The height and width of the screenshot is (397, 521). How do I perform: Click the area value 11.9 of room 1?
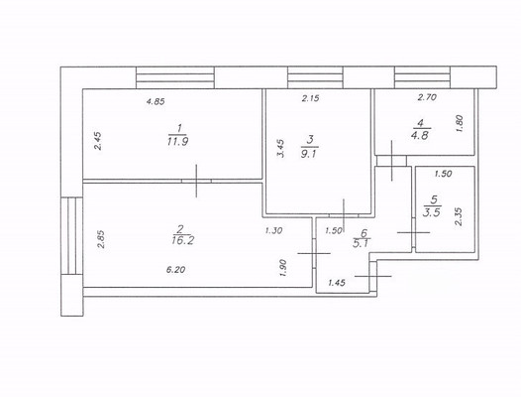pos(177,142)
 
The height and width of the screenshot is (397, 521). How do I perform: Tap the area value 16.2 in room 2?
pos(183,240)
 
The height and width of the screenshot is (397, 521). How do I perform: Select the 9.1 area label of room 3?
pos(309,154)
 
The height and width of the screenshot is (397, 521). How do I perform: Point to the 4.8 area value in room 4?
pos(421,135)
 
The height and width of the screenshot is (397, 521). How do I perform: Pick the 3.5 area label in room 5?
pos(432,212)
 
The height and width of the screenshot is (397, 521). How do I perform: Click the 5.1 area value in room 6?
pos(361,243)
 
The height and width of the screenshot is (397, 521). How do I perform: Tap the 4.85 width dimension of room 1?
pos(156,101)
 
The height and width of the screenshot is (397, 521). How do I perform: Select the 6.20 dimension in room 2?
pos(175,269)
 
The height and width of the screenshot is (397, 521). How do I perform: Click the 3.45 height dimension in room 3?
pos(280,148)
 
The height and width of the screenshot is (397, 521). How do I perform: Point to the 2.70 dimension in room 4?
pos(427,97)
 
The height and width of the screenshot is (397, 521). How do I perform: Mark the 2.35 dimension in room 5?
pos(459,216)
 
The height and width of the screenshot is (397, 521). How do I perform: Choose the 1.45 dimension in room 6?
pos(337,283)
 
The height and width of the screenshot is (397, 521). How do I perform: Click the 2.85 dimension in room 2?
pos(101,239)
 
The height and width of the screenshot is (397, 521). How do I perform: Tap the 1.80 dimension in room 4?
pos(460,123)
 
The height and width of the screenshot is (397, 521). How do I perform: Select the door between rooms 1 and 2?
pos(196,181)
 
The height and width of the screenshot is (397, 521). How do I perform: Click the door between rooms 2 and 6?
pos(314,253)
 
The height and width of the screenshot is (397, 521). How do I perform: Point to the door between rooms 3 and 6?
pos(344,215)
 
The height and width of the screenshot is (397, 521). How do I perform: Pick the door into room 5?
pos(414,232)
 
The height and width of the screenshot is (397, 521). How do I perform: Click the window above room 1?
pos(175,77)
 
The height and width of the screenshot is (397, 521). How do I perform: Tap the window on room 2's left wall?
pos(71,236)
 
